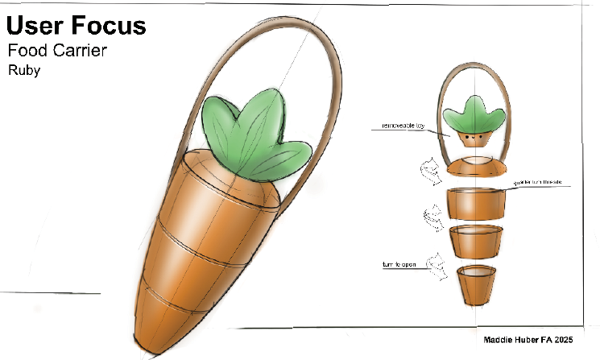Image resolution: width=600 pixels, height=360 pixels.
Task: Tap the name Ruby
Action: pyautogui.click(x=24, y=71)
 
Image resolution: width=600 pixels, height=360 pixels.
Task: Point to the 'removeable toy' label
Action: pyautogui.click(x=393, y=126)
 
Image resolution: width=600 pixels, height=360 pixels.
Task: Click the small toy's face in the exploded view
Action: pyautogui.click(x=476, y=138)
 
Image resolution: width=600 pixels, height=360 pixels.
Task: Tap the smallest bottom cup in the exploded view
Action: pyautogui.click(x=477, y=286)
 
